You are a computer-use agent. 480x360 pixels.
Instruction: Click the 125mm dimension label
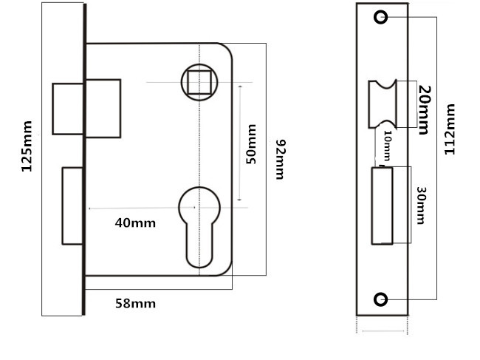[x=27, y=146]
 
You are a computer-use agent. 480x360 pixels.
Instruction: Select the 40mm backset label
[x=136, y=222]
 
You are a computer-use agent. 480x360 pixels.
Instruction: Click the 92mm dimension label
[x=279, y=158]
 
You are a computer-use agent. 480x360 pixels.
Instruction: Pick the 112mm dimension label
[x=450, y=129]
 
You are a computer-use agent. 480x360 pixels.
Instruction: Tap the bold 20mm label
[x=424, y=109]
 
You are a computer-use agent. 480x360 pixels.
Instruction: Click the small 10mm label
[x=386, y=147]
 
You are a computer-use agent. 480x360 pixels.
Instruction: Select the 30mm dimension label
[x=421, y=206]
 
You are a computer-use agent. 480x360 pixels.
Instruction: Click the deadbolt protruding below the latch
[x=72, y=206]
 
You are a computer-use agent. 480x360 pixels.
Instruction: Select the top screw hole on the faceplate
[x=380, y=17]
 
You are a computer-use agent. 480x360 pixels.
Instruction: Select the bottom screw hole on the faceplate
[x=380, y=299]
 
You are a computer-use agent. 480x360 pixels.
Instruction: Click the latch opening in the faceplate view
[x=384, y=103]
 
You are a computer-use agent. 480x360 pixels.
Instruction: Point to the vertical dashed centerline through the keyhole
[x=199, y=148]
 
